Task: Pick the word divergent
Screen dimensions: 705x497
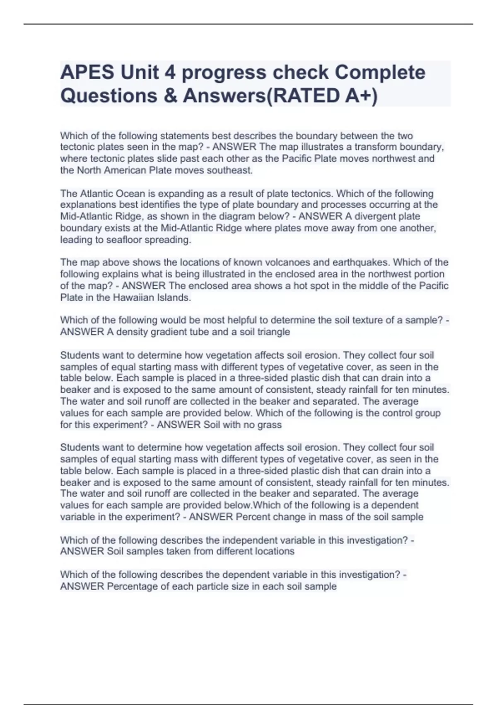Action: [x=372, y=216]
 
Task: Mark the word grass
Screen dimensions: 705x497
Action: [x=270, y=425]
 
